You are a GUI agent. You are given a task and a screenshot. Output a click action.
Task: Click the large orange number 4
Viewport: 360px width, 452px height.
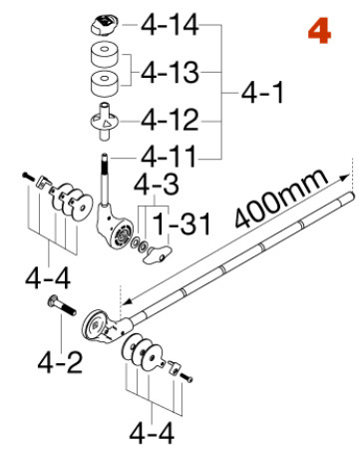click(319, 31)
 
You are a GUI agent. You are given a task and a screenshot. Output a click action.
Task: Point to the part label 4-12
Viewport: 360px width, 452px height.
click(173, 122)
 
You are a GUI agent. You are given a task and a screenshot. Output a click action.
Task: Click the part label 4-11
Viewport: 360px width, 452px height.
click(171, 157)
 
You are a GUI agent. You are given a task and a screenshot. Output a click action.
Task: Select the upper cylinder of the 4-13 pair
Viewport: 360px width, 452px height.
click(105, 56)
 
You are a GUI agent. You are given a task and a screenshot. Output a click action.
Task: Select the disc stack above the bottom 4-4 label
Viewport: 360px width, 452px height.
click(144, 354)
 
